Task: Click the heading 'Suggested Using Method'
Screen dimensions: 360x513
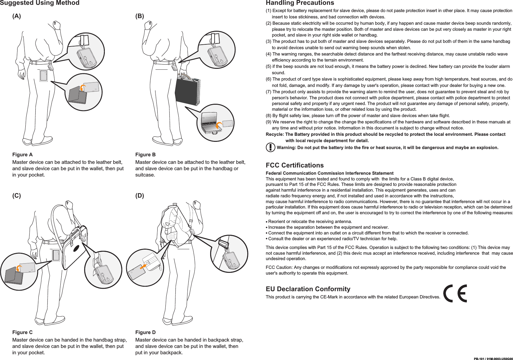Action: click(40, 3)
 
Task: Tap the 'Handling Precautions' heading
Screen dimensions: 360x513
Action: click(300, 3)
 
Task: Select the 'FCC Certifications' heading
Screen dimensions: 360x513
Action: click(294, 165)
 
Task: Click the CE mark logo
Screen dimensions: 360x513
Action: click(455, 293)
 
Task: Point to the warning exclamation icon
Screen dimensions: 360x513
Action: click(270, 148)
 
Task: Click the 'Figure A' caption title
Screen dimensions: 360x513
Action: click(22, 155)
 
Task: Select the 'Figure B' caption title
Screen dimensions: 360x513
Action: click(146, 155)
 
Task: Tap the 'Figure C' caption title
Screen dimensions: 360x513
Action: click(22, 333)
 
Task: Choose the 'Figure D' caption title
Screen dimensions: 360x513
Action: click(146, 333)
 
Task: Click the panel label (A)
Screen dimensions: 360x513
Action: click(17, 16)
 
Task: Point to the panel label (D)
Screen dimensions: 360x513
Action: click(140, 196)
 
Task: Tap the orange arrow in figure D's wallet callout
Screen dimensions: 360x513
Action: click(143, 266)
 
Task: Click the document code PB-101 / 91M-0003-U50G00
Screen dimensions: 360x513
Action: click(493, 359)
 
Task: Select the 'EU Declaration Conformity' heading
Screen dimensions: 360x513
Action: click(308, 289)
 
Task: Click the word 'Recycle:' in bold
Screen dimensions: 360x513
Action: click(275, 135)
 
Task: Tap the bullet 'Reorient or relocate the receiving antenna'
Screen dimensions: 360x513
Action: click(310, 221)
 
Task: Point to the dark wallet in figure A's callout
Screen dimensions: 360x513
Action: click(78, 96)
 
